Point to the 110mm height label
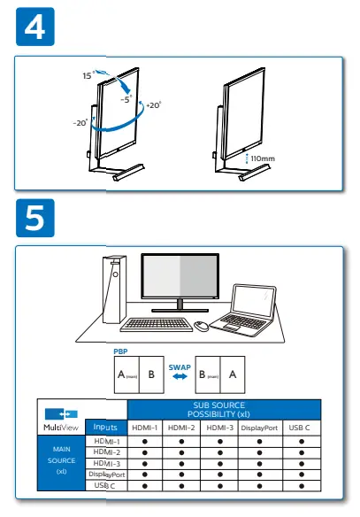click(263, 158)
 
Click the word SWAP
click(180, 366)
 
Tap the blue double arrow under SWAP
click(180, 376)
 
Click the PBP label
click(120, 351)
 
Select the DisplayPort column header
click(259, 428)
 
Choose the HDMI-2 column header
click(181, 428)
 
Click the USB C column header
click(302, 428)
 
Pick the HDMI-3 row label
click(106, 463)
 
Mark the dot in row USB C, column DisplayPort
click(259, 485)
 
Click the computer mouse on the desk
click(202, 326)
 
